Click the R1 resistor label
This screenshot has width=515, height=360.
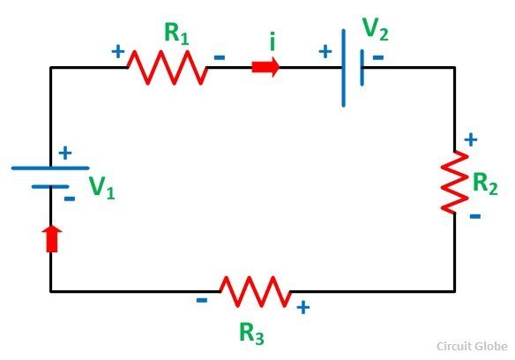[176, 34]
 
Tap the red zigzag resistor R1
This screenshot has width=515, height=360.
[168, 67]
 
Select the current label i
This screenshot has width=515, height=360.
[272, 41]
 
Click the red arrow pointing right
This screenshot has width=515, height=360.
[265, 67]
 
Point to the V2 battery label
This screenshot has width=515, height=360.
[375, 29]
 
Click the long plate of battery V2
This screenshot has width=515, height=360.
[344, 68]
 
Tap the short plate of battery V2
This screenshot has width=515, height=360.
[362, 68]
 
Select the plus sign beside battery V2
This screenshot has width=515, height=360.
[325, 51]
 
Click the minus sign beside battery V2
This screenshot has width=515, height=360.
[378, 57]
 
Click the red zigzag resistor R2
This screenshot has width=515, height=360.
[454, 182]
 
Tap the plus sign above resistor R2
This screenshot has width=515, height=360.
[471, 139]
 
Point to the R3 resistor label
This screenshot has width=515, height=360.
[251, 334]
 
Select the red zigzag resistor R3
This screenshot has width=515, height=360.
[255, 291]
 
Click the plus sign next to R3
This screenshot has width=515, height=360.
[303, 308]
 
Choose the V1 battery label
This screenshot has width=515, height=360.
[101, 187]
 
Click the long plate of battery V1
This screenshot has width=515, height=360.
[50, 168]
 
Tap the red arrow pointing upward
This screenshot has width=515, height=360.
[52, 239]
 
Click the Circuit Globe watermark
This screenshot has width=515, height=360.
[472, 346]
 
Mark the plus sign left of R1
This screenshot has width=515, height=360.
[118, 51]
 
